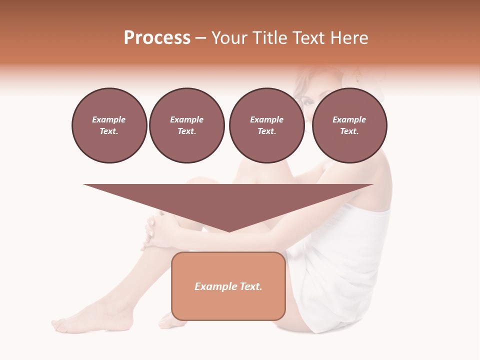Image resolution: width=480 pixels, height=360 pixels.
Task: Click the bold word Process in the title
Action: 157,38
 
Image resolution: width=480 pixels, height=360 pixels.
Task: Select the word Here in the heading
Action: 350,38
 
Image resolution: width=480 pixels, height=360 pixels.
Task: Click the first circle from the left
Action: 109,125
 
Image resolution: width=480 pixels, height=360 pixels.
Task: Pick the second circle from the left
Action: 186,125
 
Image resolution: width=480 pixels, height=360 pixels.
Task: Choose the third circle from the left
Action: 266,125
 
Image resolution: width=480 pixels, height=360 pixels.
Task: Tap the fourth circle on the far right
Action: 349,125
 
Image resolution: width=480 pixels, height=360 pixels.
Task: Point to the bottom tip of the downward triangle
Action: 228,231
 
